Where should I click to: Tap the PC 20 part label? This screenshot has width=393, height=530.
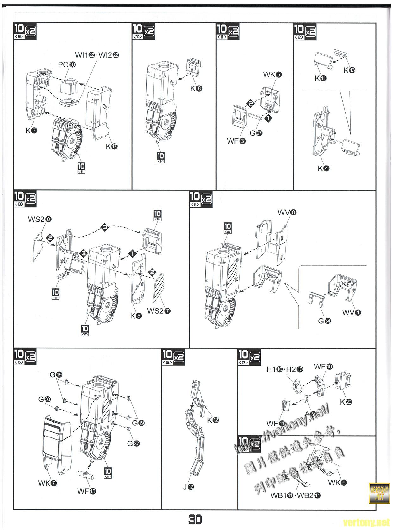67,65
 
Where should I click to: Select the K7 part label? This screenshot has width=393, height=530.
31,130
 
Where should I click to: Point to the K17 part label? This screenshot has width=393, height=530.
112,146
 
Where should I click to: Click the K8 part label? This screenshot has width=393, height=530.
196,88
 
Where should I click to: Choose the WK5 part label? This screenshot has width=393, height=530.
272,74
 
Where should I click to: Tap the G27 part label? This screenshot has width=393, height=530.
256,133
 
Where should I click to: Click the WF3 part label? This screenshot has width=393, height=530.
236,141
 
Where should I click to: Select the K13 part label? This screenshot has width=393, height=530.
349,70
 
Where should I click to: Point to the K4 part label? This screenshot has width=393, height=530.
323,169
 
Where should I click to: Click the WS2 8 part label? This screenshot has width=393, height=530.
40,219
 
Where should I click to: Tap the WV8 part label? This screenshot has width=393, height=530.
287,212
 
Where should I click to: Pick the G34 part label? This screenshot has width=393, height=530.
324,321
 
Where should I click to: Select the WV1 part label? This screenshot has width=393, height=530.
352,312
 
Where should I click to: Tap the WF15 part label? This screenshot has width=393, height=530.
86,491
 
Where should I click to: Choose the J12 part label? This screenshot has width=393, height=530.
188,487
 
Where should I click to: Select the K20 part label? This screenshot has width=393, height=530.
346,402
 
